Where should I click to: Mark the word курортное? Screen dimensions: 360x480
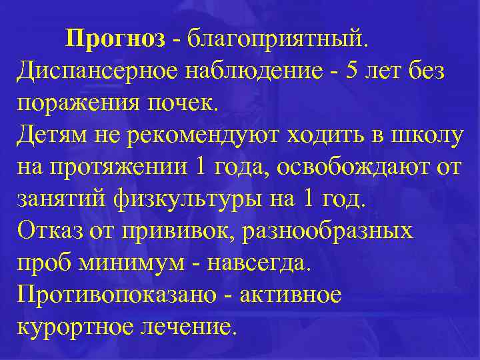tap(76, 327)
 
